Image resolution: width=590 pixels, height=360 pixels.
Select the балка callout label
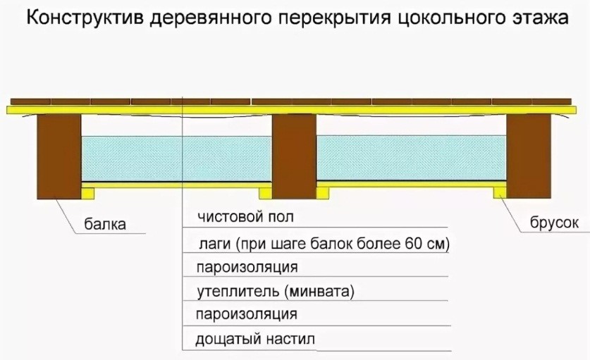tap(105, 225)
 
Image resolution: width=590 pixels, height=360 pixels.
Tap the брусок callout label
tap(554, 223)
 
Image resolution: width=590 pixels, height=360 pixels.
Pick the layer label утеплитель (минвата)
tap(275, 290)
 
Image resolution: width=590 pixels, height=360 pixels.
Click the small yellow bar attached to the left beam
tap(87, 191)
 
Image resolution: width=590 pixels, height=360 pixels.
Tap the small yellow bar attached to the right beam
tap(500, 191)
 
